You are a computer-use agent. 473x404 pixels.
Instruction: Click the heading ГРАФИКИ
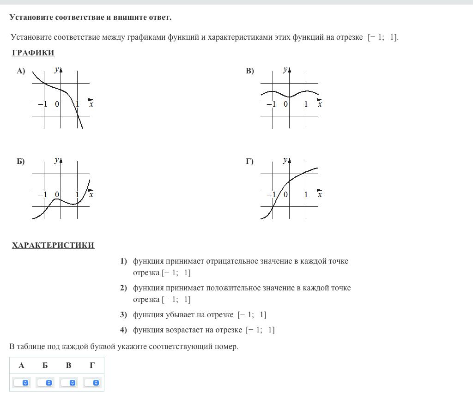click(x=33, y=53)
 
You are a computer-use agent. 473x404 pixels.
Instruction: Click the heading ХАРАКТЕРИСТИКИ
click(x=53, y=245)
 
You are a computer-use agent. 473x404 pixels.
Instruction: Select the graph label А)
click(x=21, y=71)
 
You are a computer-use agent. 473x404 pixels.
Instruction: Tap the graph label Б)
click(x=21, y=161)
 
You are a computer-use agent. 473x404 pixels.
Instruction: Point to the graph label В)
click(x=250, y=71)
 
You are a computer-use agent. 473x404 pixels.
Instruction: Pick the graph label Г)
click(x=250, y=161)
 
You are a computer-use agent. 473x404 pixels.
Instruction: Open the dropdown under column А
click(x=22, y=383)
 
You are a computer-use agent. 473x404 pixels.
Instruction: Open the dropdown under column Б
click(x=45, y=383)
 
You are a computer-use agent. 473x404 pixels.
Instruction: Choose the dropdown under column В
click(x=69, y=383)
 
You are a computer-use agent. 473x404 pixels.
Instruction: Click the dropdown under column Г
click(x=92, y=383)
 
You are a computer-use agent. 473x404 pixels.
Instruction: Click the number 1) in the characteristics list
click(x=124, y=261)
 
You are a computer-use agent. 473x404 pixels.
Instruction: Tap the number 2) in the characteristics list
click(x=124, y=288)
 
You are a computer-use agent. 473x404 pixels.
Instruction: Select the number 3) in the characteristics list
click(x=124, y=315)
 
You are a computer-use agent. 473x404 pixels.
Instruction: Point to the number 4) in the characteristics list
click(x=124, y=330)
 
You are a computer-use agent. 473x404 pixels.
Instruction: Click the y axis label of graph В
click(x=285, y=69)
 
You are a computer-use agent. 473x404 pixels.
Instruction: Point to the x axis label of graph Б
click(x=91, y=195)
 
